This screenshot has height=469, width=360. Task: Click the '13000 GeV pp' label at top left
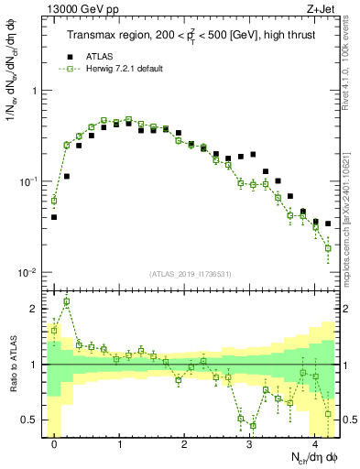(x=75, y=10)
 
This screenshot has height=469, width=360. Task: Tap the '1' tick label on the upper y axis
(x=36, y=92)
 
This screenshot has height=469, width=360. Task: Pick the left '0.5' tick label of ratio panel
(x=32, y=420)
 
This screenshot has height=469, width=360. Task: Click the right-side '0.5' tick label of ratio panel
(x=347, y=420)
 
